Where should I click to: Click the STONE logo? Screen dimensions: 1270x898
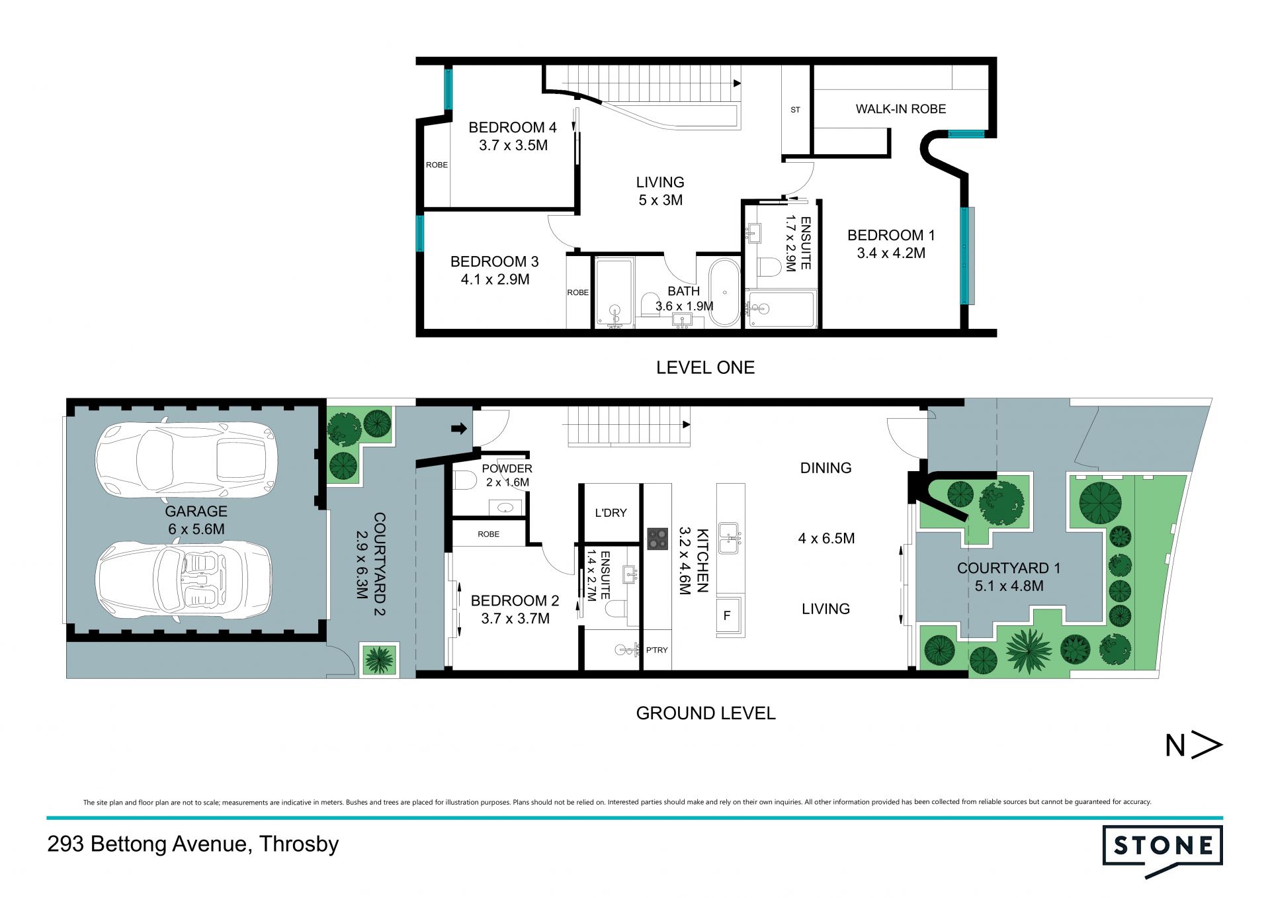(1162, 850)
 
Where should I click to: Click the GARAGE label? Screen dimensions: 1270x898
(196, 511)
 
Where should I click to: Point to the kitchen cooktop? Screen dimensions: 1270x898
(657, 539)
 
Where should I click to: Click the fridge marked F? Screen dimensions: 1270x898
(727, 615)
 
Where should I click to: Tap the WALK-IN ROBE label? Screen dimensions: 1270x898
(900, 109)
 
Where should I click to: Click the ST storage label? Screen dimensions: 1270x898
(795, 110)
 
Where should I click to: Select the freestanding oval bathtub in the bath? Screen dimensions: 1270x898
(725, 292)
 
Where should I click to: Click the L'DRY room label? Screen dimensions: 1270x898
(611, 513)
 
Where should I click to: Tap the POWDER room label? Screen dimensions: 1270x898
(507, 469)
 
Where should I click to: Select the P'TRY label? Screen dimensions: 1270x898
(657, 650)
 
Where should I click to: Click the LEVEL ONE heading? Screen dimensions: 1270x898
(705, 367)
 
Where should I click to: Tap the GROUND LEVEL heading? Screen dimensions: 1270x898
(706, 713)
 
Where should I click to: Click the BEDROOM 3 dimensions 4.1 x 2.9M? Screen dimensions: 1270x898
(495, 279)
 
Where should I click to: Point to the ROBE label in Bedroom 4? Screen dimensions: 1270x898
(437, 165)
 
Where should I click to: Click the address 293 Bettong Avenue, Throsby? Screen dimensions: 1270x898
(192, 844)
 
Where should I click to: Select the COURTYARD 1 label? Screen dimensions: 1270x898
(1009, 568)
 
